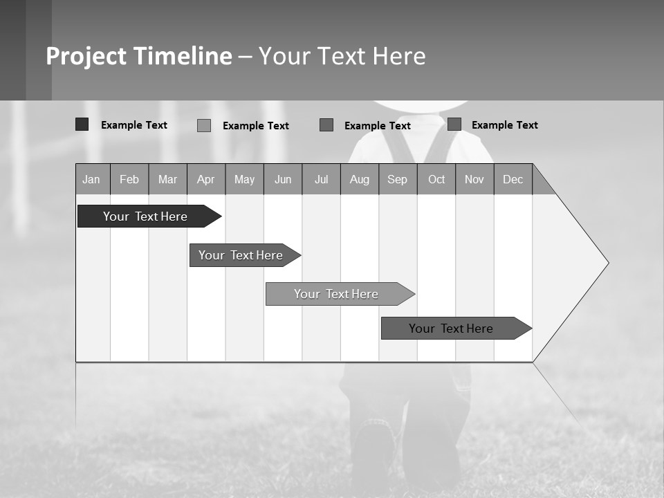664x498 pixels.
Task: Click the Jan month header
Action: [x=92, y=179]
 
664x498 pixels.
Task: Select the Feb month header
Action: [x=129, y=179]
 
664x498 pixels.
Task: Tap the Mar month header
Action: [x=167, y=179]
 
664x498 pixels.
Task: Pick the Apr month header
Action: [x=206, y=179]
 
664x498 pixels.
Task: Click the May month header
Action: [x=244, y=179]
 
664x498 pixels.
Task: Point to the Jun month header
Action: [x=283, y=179]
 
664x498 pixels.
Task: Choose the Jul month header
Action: [x=321, y=179]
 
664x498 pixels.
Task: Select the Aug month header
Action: [x=360, y=179]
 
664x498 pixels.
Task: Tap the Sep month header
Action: [x=398, y=179]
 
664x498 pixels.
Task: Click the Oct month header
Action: [x=436, y=179]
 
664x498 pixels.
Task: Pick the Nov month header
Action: [x=474, y=179]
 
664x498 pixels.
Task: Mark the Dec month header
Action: [x=513, y=179]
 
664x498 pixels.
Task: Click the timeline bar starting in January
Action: [x=146, y=216]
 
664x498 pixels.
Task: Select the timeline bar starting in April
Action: [x=241, y=255]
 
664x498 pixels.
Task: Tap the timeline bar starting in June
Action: [x=337, y=294]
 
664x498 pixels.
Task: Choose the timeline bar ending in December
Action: [x=452, y=329]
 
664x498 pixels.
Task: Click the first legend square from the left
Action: [x=82, y=124]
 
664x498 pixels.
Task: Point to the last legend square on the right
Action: [x=454, y=124]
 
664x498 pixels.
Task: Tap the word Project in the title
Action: [x=86, y=56]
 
